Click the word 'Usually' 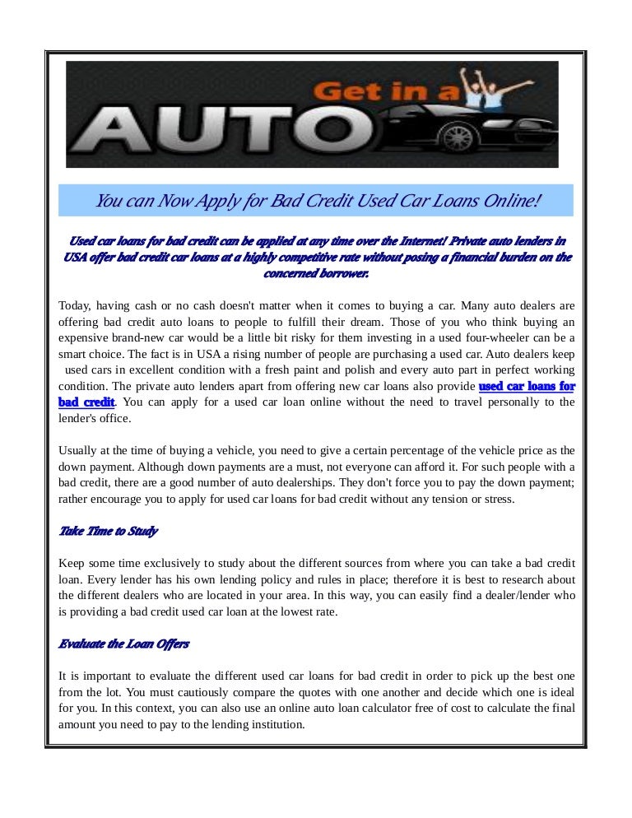80,450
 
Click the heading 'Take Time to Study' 108,531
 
